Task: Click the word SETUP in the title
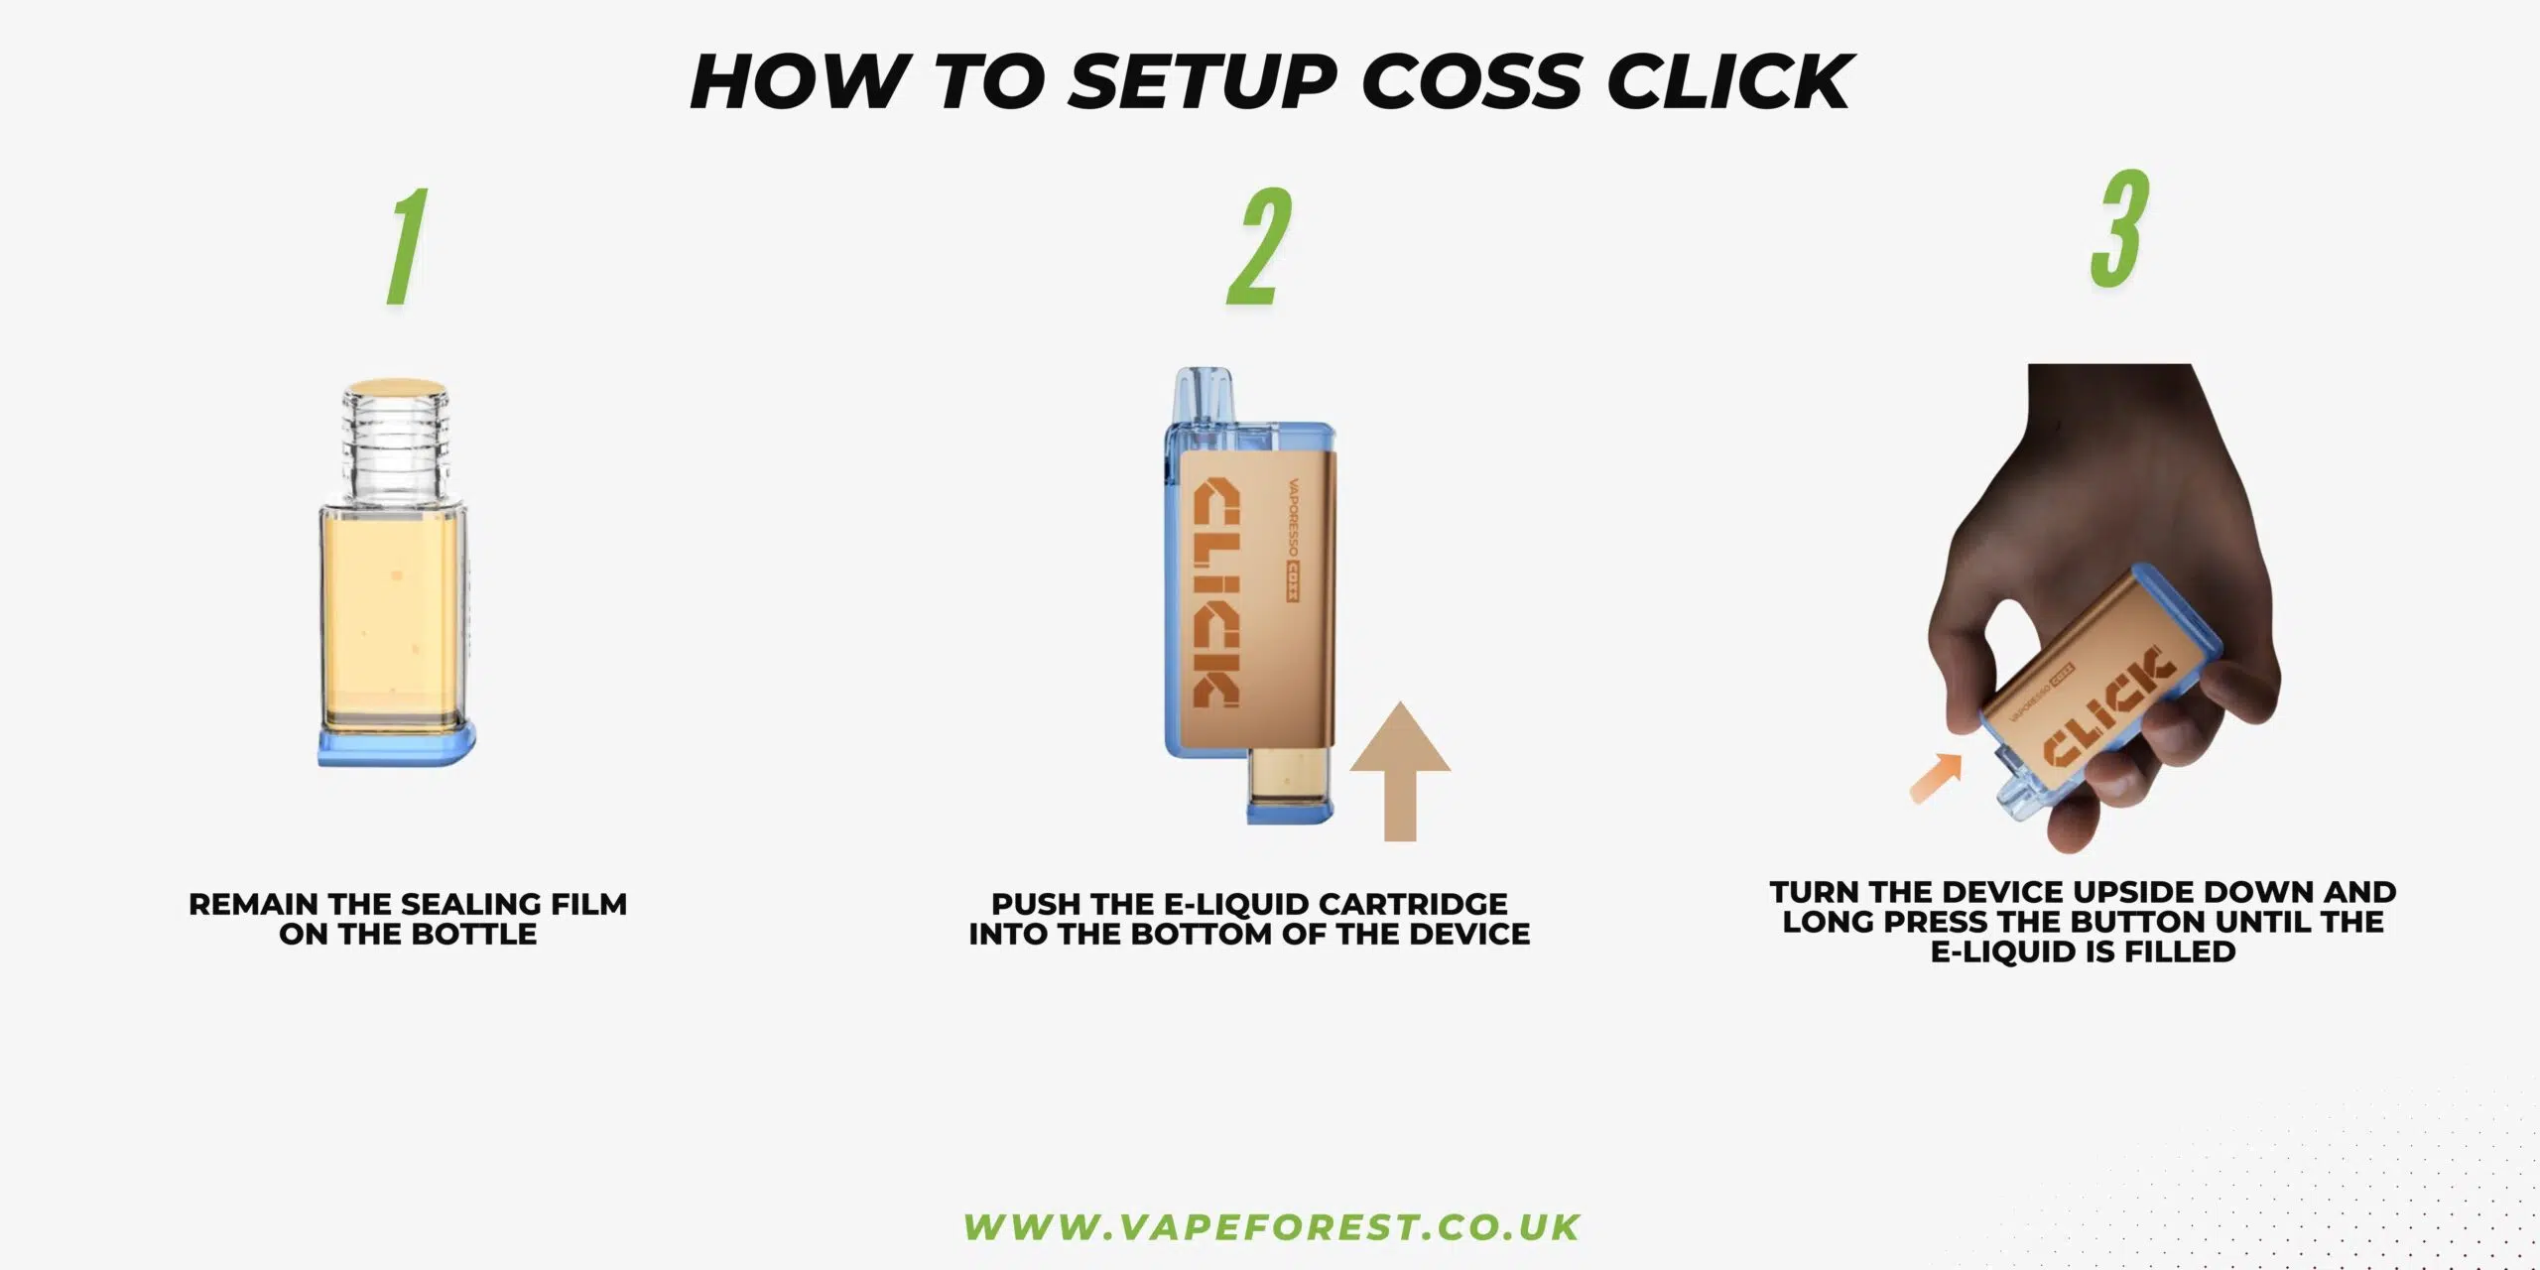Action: tap(1204, 81)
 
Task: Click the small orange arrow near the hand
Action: tap(1936, 777)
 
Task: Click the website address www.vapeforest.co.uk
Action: tap(1271, 1227)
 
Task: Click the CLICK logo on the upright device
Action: tap(1215, 593)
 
